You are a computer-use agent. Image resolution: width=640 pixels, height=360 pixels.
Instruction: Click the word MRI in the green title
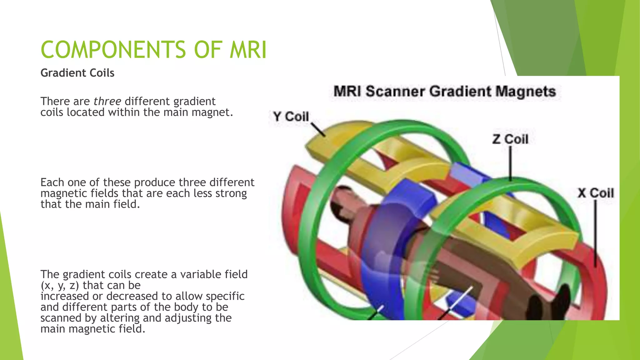pos(248,50)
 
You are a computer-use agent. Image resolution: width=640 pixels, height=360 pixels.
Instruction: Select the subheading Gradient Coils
pos(77,73)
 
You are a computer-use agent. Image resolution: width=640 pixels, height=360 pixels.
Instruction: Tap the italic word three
pos(107,101)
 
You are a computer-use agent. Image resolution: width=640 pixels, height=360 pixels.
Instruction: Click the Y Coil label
pos(291,117)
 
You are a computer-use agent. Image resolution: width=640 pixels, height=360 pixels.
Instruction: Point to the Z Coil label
pos(510,139)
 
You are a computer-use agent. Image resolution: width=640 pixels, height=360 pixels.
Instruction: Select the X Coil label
pos(595,193)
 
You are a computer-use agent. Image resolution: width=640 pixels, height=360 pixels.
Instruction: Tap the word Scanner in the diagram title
pos(395,92)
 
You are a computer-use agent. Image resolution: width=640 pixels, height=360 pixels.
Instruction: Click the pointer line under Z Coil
pos(510,162)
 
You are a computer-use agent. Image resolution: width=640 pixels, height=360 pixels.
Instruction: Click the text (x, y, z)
pos(60,285)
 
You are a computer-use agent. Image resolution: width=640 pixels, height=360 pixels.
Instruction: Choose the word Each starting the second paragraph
pos(52,182)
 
